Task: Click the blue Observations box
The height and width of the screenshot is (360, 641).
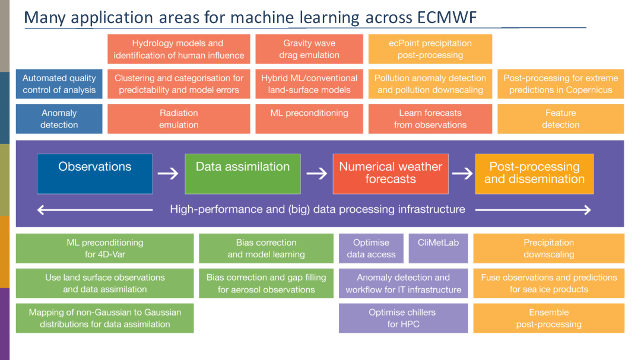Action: pos(95,174)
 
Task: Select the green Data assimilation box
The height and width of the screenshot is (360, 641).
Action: pos(243,174)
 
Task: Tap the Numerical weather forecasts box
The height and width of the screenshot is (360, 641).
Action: pos(390,174)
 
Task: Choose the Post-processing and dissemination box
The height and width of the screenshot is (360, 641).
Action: pos(534,174)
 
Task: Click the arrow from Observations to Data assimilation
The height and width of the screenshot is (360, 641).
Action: pos(168,174)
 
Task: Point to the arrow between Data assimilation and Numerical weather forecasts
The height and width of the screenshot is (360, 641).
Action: pos(316,174)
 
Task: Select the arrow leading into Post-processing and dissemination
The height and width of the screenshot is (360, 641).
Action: pos(462,174)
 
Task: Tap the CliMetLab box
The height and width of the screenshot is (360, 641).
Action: pos(438,249)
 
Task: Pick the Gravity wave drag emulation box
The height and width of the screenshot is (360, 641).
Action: pos(309,49)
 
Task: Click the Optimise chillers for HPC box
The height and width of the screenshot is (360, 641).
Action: pos(403,318)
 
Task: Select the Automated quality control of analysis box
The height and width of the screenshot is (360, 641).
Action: pos(59,84)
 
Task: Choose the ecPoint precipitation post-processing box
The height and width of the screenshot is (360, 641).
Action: pos(430,49)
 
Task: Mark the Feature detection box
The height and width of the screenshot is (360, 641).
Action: pos(560,119)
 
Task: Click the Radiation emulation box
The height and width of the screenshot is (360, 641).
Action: pos(179,119)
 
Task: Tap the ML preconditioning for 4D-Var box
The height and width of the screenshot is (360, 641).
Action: pos(104,249)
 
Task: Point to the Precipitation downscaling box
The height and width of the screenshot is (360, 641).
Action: pos(548,249)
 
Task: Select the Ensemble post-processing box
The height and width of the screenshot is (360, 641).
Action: pos(548,318)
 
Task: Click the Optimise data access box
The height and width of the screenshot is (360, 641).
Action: pos(371,249)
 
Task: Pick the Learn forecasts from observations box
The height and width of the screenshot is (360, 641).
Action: pos(430,119)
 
